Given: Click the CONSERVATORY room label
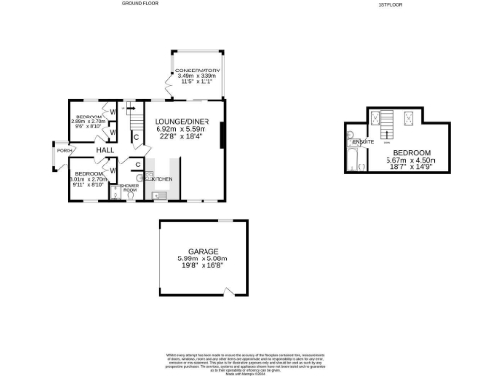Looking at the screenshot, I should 198,70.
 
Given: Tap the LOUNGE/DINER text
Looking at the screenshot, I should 182,121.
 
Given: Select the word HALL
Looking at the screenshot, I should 103,150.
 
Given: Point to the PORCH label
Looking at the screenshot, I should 63,151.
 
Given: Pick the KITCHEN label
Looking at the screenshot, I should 160,179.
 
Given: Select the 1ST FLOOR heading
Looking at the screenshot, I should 389,4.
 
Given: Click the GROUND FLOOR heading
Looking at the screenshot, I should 140,4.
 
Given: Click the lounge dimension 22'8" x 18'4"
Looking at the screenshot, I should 182,137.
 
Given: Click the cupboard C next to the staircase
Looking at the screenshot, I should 135,136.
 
